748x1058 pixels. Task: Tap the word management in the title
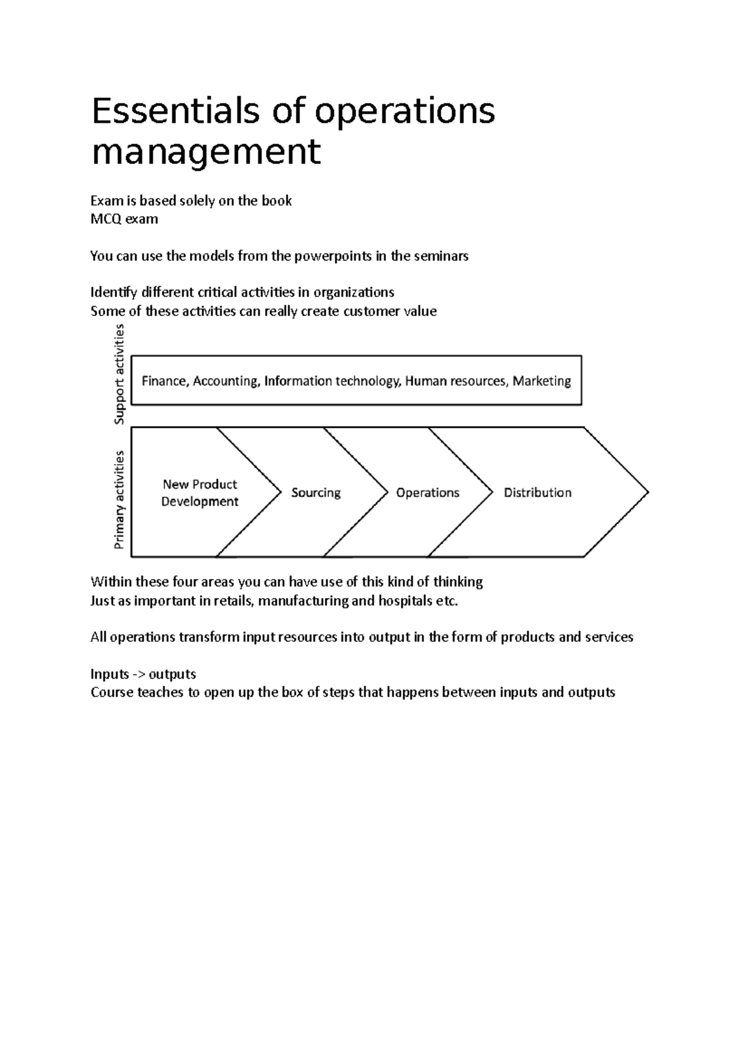[206, 152]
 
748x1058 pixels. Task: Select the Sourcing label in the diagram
[316, 493]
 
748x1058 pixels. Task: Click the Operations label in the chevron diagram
[428, 493]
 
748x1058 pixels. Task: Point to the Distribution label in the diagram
[537, 493]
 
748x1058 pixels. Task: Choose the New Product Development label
[200, 493]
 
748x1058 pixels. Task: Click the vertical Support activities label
[119, 374]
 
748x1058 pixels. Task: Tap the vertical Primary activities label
[119, 500]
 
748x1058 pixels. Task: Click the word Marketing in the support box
[542, 381]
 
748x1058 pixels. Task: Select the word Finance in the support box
[165, 381]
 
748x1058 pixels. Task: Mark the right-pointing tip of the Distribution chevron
[647, 492]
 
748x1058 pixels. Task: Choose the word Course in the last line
[112, 692]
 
